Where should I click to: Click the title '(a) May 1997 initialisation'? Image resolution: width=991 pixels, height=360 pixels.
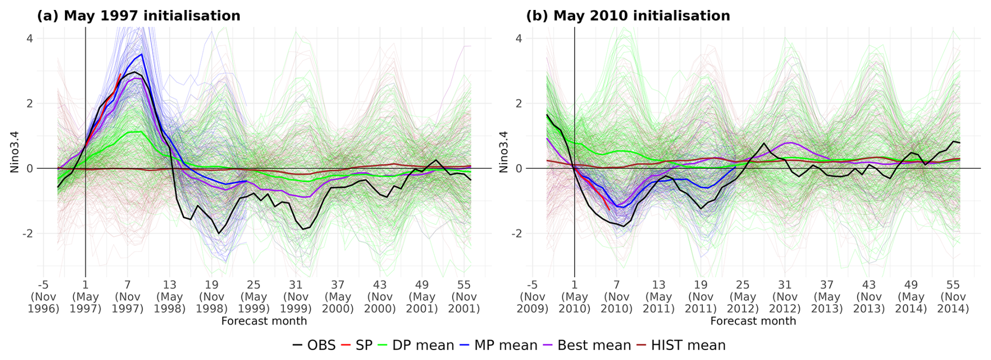click(138, 16)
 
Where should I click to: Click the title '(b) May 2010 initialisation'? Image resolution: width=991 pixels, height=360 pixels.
click(627, 16)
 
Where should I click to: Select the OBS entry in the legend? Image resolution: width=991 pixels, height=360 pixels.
click(314, 345)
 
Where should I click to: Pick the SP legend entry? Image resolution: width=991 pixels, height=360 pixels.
click(357, 345)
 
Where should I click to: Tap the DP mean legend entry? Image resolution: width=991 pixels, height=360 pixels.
click(416, 345)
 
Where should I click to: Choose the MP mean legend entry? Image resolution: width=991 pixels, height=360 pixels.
click(499, 345)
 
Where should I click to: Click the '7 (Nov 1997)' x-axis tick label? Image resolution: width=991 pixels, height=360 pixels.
click(127, 297)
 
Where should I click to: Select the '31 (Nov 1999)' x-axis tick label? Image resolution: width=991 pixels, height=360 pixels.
click(296, 297)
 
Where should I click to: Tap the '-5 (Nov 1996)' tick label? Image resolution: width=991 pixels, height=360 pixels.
click(43, 297)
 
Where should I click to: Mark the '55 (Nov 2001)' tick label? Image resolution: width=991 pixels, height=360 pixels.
click(464, 297)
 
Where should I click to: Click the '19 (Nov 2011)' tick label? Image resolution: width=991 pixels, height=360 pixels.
click(701, 297)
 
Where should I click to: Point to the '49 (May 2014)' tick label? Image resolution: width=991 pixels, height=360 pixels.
click(911, 297)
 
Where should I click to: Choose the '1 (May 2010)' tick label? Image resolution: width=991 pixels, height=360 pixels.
click(575, 297)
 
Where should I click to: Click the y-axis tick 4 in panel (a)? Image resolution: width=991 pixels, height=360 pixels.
click(29, 38)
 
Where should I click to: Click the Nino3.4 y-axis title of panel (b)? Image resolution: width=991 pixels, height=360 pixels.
click(504, 151)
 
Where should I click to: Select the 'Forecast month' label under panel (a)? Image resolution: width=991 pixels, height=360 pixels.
click(264, 321)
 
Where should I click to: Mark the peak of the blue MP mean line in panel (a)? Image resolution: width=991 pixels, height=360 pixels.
click(141, 54)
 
